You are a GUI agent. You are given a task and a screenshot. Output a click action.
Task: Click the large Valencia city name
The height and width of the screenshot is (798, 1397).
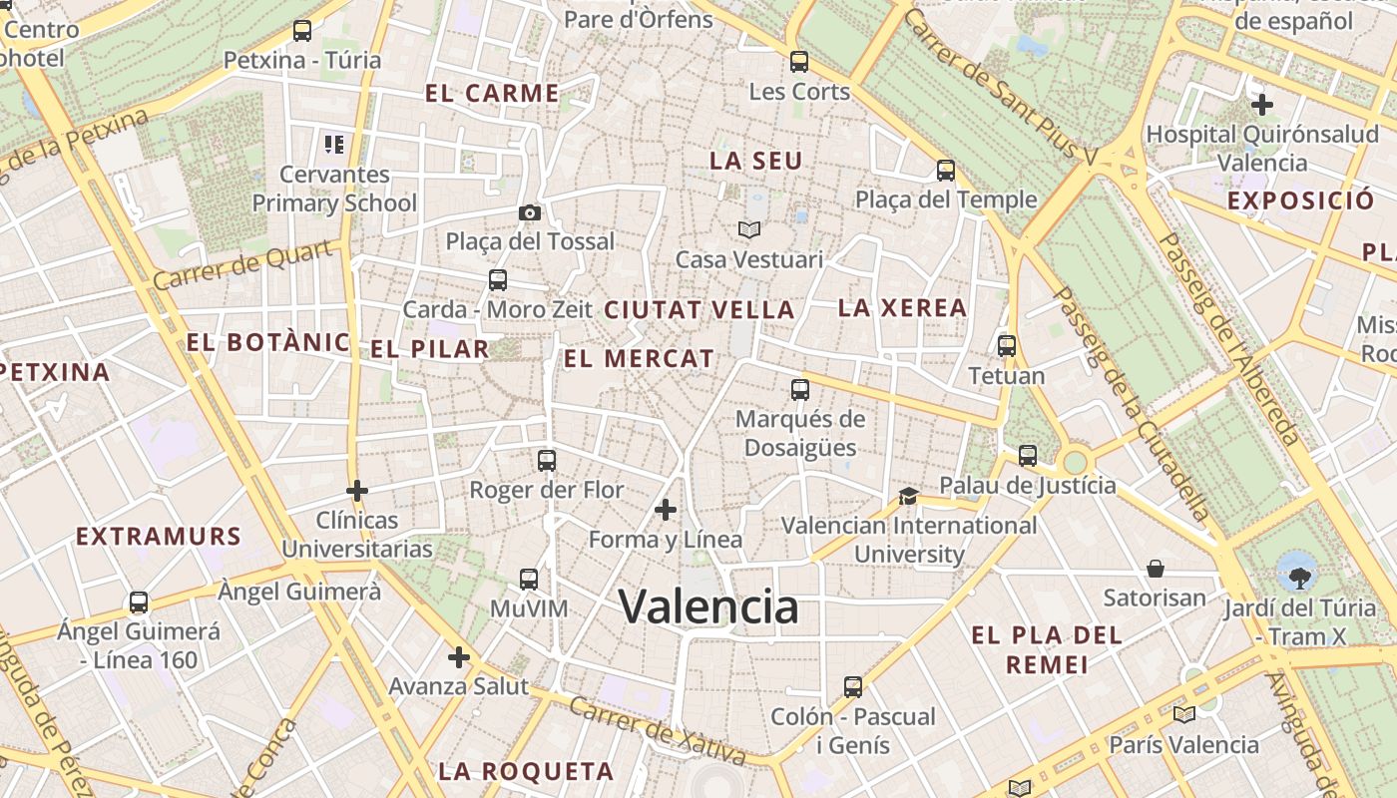point(708,606)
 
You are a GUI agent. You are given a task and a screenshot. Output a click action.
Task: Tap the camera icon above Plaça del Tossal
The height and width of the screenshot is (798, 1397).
point(530,212)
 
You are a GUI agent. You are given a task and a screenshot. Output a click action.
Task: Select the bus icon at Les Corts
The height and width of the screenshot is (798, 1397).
point(799,62)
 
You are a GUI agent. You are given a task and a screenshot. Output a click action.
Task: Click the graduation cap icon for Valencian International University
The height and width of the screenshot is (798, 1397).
point(908,496)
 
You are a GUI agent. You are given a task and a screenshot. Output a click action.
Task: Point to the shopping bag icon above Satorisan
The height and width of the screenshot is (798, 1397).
point(1156,569)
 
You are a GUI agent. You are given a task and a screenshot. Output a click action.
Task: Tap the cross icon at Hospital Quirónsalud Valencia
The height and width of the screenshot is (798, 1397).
point(1262,104)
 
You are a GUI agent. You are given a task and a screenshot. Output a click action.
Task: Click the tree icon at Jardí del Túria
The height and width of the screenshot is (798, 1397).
point(1299,575)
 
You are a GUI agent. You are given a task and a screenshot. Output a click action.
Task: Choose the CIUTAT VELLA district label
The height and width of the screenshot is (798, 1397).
point(699,310)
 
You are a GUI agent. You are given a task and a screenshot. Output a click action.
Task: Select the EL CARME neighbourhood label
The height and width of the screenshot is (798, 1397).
point(492,94)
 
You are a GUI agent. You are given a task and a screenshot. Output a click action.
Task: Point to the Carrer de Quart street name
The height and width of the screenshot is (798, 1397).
point(242,265)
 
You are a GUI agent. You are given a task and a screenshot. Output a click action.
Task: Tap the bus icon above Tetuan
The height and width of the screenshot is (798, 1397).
point(1007,346)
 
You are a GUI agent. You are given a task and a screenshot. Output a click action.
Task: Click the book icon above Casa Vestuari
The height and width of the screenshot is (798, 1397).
point(749,230)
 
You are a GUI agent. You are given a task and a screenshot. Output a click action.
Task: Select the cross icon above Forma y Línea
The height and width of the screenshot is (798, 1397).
point(666,510)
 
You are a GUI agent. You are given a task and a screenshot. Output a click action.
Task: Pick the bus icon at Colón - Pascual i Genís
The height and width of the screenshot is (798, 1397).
point(853,686)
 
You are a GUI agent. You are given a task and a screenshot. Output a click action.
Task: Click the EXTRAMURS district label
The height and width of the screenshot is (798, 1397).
point(159,537)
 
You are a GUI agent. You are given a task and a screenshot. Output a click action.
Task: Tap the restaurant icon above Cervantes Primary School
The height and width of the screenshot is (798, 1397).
point(334,145)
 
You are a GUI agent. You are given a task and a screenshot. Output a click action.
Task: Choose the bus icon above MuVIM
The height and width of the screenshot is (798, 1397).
point(529,579)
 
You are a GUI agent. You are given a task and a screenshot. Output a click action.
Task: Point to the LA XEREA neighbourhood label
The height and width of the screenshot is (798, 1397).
point(902,308)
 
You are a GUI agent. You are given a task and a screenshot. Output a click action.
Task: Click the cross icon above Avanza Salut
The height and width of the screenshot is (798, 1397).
point(459,657)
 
